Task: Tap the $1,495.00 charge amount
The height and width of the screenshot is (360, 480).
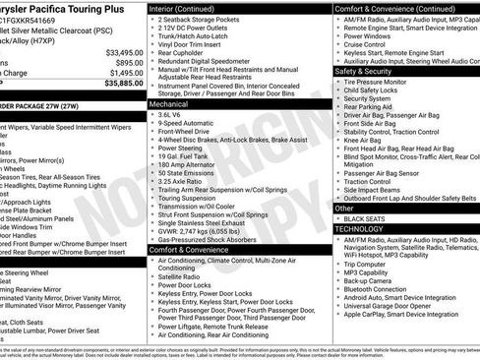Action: tap(122, 73)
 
